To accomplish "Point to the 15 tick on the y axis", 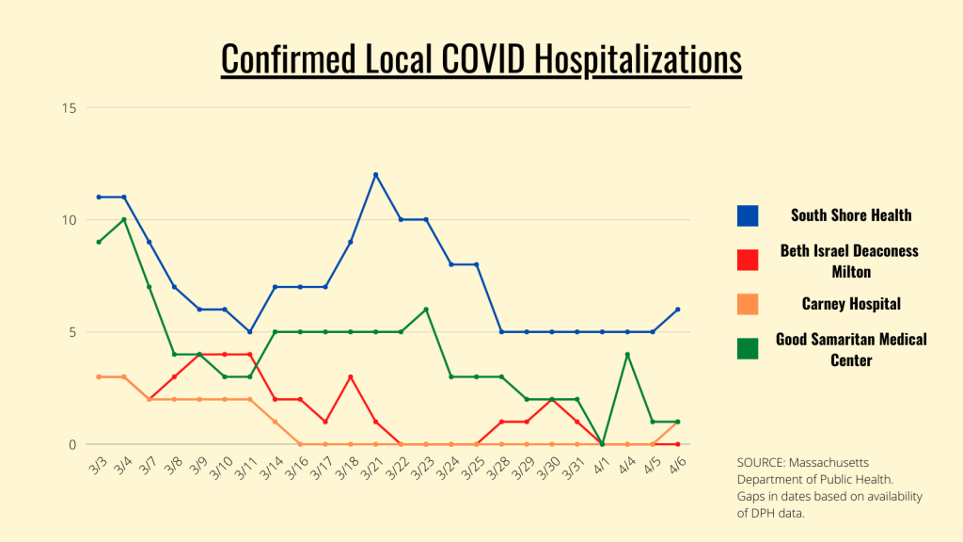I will point(70,107).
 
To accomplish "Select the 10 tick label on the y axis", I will point(70,219).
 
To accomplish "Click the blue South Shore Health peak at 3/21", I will point(375,175).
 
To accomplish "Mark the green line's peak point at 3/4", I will point(124,219).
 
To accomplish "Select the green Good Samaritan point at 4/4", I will point(627,355).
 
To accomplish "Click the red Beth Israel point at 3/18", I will point(350,377).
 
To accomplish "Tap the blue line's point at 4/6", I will point(677,310).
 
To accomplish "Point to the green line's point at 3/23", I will point(426,310).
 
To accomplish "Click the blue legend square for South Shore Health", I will point(748,215).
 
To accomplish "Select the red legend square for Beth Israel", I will point(748,260).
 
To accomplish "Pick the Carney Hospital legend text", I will point(850,304).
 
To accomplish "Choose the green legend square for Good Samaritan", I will point(748,349).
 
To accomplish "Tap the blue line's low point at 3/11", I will point(249,332).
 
